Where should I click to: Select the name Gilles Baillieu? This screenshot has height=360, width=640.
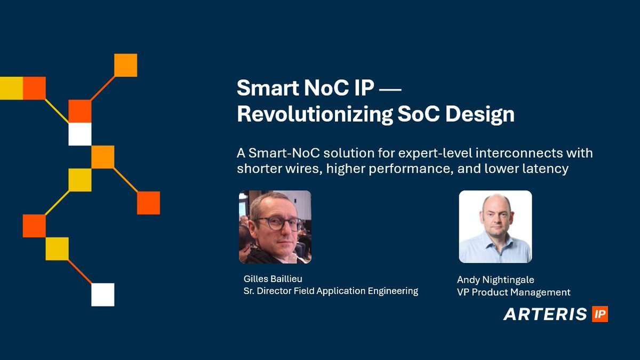pyautogui.click(x=273, y=279)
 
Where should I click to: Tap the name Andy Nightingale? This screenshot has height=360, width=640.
pyautogui.click(x=495, y=280)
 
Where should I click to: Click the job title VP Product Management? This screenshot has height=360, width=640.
pyautogui.click(x=514, y=292)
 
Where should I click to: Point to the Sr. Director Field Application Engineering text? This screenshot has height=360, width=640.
pyautogui.click(x=330, y=291)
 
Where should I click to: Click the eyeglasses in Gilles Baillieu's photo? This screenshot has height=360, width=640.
pyautogui.click(x=275, y=223)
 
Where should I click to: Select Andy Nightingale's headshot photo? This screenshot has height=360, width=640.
pyautogui.click(x=495, y=227)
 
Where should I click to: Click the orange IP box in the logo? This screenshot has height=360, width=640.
pyautogui.click(x=599, y=314)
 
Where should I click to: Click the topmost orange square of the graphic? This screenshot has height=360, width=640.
pyautogui.click(x=126, y=65)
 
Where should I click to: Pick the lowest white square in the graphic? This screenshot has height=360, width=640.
pyautogui.click(x=103, y=294)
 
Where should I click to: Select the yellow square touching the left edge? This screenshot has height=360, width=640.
pyautogui.click(x=11, y=88)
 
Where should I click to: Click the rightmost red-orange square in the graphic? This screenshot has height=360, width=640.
pyautogui.click(x=148, y=203)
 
